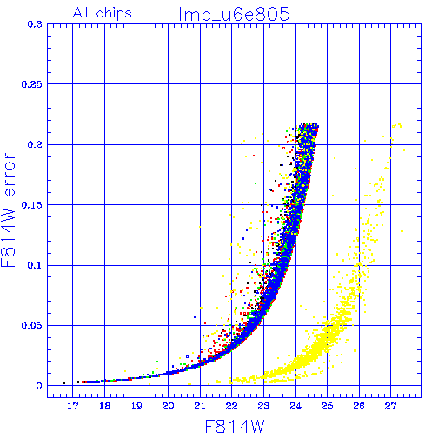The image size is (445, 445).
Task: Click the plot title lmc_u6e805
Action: pos(234,14)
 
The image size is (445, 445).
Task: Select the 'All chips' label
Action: pos(103,13)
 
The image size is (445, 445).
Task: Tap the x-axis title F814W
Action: pos(235,427)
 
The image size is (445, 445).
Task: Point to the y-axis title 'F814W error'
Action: pos(8,209)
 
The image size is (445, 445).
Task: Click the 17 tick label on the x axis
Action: pos(73,406)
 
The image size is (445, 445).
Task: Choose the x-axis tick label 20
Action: pos(168,406)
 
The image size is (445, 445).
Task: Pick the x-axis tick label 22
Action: pos(232,406)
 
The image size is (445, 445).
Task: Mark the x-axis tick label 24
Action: pos(296,406)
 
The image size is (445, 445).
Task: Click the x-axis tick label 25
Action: pos(327,406)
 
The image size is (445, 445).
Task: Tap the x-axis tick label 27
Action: pos(390,406)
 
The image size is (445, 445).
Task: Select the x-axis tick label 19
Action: pos(136,406)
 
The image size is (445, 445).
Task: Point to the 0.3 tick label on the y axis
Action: pos(35,24)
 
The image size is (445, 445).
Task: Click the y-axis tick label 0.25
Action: pos(32,84)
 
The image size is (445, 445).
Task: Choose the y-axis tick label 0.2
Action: pos(35,144)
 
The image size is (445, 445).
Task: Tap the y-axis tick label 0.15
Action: pos(32,205)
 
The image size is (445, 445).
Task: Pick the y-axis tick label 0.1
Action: pos(35,265)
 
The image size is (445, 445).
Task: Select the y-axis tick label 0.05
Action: pos(32,325)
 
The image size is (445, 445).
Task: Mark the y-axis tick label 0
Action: pos(39,386)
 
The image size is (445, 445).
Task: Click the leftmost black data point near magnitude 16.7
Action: pos(64,383)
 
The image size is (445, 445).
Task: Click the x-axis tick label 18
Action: pos(104,406)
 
